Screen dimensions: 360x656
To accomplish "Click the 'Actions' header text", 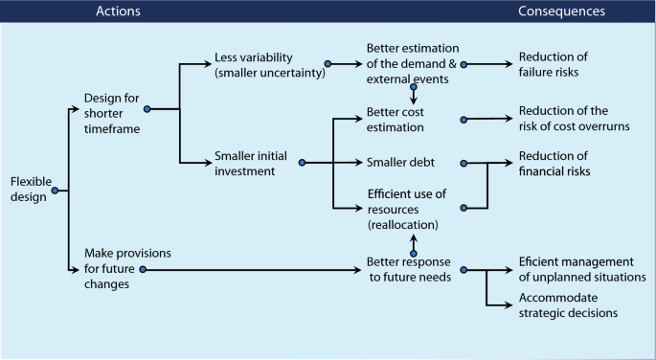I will pyautogui.click(x=120, y=11).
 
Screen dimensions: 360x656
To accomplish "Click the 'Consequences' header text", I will pyautogui.click(x=561, y=11).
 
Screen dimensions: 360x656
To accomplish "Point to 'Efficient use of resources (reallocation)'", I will pyautogui.click(x=406, y=209).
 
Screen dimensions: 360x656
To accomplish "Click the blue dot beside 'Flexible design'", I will pyautogui.click(x=55, y=191).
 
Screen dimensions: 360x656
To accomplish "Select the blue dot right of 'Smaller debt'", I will pyautogui.click(x=464, y=163).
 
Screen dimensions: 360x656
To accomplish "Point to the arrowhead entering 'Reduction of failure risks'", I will pyautogui.click(x=509, y=65).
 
